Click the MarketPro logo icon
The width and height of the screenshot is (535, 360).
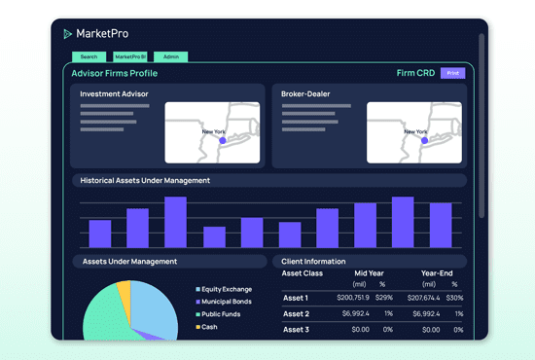click(67, 34)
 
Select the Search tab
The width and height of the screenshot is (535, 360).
click(89, 57)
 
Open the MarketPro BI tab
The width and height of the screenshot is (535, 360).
click(128, 57)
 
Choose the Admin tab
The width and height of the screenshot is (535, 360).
click(170, 57)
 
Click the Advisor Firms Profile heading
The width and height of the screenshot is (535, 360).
click(115, 73)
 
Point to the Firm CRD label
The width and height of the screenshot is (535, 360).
click(415, 73)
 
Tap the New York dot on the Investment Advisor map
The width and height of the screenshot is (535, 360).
click(222, 140)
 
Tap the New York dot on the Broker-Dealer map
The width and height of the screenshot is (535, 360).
click(423, 140)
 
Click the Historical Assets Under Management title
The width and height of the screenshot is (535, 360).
click(145, 180)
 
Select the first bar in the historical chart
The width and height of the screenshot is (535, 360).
click(100, 234)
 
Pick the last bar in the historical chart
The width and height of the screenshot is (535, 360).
click(441, 225)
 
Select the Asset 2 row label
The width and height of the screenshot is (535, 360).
click(296, 314)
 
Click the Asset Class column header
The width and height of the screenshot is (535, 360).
click(303, 273)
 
